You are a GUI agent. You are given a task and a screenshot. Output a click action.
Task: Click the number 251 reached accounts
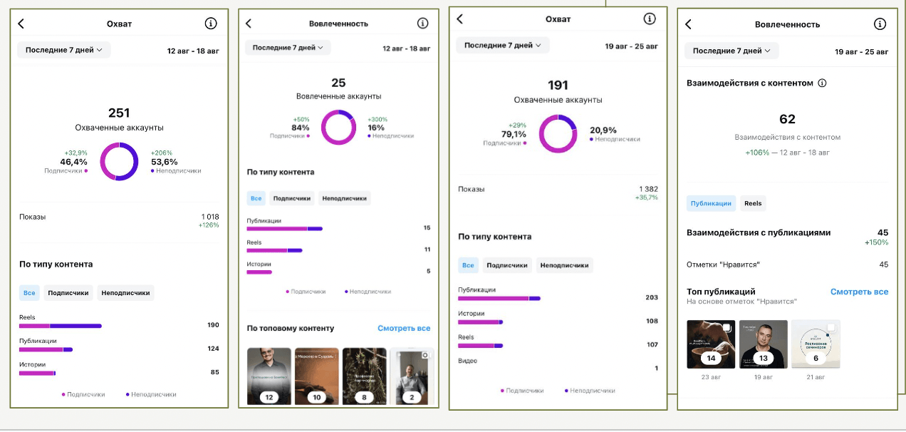point(119,113)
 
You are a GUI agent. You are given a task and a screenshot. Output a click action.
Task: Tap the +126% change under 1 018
point(209,225)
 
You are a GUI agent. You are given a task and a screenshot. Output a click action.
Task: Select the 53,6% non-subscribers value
point(165,162)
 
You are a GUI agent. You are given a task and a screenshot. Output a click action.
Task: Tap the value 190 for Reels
point(213,325)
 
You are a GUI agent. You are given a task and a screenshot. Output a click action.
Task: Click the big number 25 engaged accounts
point(338,83)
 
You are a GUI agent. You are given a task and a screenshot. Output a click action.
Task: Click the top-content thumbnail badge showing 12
point(269,397)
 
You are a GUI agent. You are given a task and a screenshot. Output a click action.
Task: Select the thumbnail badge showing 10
point(317,397)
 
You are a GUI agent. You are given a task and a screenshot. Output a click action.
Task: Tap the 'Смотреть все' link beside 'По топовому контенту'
point(404,329)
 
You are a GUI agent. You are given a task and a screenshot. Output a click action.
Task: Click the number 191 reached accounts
point(558,86)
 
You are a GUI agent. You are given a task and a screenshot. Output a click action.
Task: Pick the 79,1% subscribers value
point(514,134)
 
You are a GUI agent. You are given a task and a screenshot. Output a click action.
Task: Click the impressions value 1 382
point(648,189)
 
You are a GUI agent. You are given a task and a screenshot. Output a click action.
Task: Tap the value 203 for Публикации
point(651,297)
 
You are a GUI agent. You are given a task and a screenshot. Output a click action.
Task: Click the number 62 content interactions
point(787,119)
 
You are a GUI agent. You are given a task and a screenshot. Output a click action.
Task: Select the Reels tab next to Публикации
point(753,203)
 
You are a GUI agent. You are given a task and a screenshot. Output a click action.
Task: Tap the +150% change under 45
point(876,242)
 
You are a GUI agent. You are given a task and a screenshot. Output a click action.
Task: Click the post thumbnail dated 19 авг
point(764,344)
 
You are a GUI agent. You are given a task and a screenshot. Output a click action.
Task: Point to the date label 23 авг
point(710,376)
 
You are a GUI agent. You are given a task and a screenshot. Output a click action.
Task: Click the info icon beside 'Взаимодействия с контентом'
point(822,83)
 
